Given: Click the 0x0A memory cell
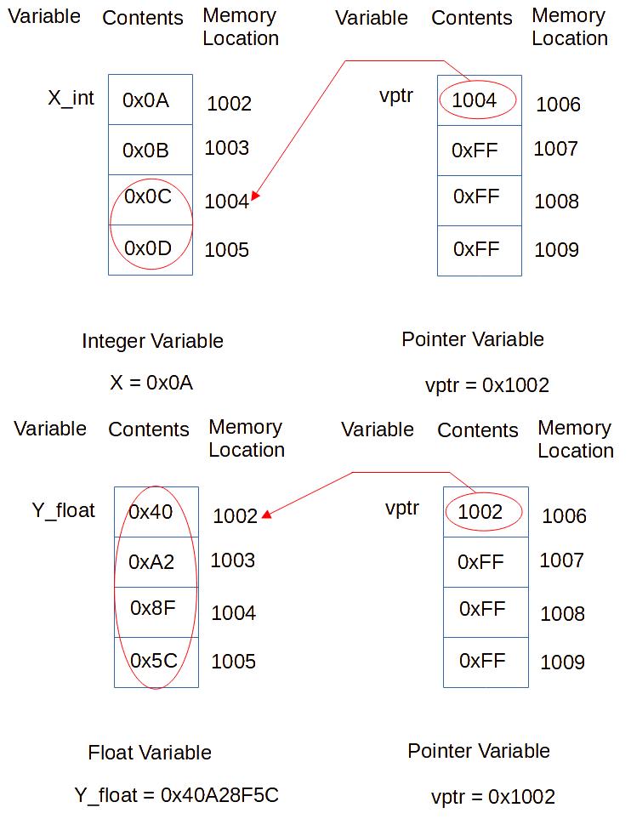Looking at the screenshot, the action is click(151, 100).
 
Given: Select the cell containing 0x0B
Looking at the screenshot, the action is click(151, 150).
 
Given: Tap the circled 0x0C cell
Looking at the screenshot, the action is click(151, 200).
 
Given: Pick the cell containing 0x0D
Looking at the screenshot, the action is click(151, 250).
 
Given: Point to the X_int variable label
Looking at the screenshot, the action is click(71, 98).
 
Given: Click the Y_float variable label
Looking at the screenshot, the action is click(64, 511).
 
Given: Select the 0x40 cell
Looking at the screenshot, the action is click(156, 512).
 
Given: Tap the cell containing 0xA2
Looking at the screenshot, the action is click(156, 562).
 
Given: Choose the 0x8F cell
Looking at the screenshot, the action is click(156, 612).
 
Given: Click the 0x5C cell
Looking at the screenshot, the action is click(156, 663).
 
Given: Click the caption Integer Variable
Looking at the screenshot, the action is click(152, 341).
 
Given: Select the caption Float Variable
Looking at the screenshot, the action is click(150, 753).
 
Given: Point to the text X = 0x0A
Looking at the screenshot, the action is click(151, 383).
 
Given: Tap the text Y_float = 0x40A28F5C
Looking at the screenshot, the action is click(176, 795).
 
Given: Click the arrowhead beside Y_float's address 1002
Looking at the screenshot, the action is click(267, 515).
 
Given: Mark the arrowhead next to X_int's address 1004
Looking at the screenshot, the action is click(255, 196).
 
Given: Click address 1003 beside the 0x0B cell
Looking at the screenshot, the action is click(227, 148).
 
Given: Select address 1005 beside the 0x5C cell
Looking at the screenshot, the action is click(233, 662).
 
